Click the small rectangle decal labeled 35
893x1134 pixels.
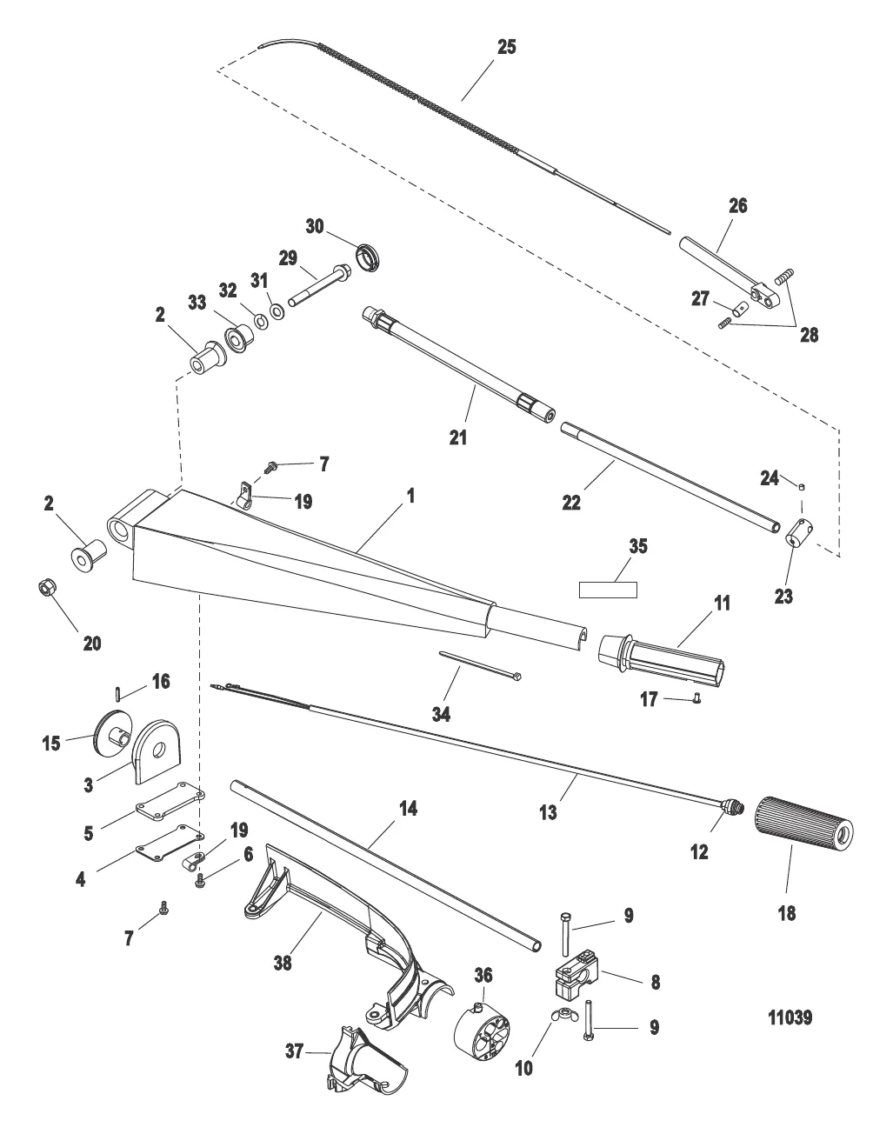pyautogui.click(x=609, y=590)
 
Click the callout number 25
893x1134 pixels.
pyautogui.click(x=505, y=47)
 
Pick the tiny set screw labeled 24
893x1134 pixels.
pyautogui.click(x=803, y=487)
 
